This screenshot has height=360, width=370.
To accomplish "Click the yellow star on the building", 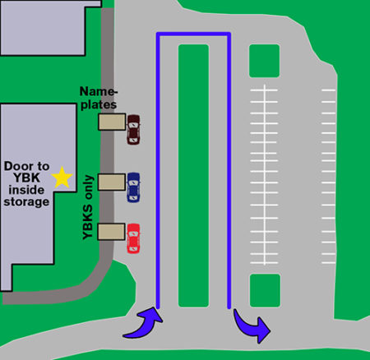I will pyautogui.click(x=61, y=176).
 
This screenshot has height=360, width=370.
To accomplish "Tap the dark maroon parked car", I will pyautogui.click(x=133, y=128).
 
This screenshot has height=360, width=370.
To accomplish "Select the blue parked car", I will pyautogui.click(x=133, y=187).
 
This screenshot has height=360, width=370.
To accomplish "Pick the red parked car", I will pyautogui.click(x=133, y=238).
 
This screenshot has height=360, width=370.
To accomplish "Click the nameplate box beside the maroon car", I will pyautogui.click(x=112, y=122).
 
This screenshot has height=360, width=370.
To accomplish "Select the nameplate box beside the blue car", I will pyautogui.click(x=111, y=182).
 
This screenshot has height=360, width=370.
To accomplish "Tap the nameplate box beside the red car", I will pyautogui.click(x=111, y=232).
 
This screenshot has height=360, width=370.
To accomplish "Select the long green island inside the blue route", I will pyautogui.click(x=193, y=173).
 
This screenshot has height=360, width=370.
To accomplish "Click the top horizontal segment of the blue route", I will pyautogui.click(x=193, y=35).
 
